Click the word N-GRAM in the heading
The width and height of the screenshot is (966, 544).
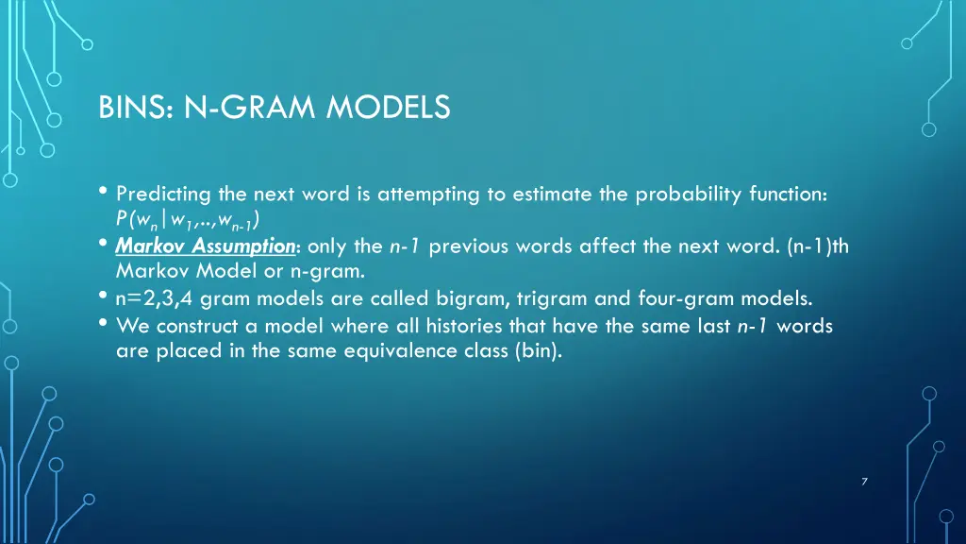[x=251, y=110]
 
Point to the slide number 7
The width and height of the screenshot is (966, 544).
[x=864, y=483]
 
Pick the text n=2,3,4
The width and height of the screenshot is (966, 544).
[x=156, y=299]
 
